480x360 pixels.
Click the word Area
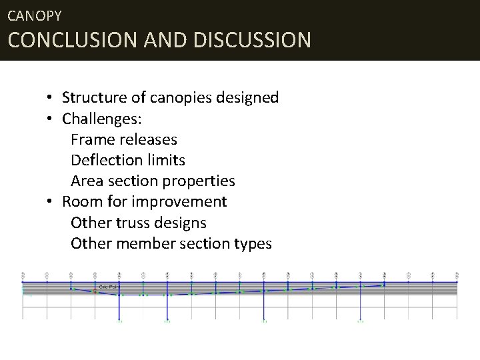click(x=85, y=181)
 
